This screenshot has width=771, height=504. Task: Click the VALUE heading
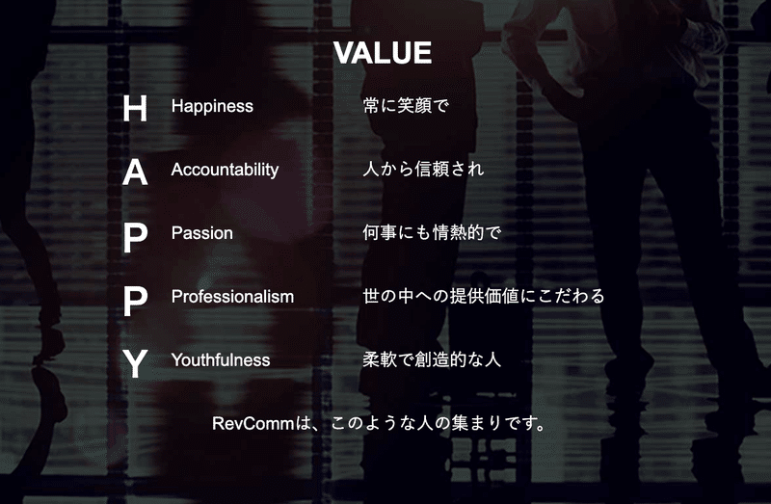(x=382, y=53)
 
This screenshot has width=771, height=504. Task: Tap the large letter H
(x=135, y=108)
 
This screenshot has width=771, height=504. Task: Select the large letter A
(x=135, y=172)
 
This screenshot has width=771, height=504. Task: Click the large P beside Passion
(x=135, y=237)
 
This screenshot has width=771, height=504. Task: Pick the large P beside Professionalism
(x=135, y=301)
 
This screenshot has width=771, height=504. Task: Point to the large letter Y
(x=135, y=363)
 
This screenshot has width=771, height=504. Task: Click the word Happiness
(x=212, y=107)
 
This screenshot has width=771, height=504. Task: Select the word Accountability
(x=225, y=171)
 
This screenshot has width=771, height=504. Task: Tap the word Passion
(x=202, y=233)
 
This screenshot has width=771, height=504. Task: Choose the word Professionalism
(x=232, y=297)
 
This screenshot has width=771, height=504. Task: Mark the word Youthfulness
(x=221, y=359)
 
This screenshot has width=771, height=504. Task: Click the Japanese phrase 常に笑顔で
(x=406, y=106)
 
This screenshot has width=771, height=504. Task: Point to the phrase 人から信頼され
(x=423, y=170)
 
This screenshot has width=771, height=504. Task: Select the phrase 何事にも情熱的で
(x=432, y=232)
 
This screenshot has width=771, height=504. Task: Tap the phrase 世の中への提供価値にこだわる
(x=484, y=296)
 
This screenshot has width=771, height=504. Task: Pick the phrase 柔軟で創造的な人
(x=432, y=359)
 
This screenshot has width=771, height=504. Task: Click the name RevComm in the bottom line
(x=253, y=424)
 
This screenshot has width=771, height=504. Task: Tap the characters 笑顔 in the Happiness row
(x=414, y=106)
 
